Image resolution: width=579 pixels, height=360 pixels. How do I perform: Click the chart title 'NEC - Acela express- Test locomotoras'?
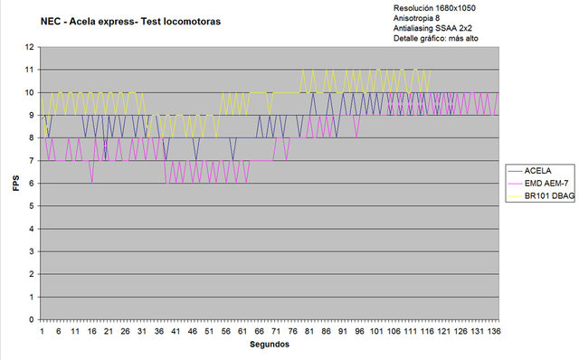pyautogui.click(x=130, y=22)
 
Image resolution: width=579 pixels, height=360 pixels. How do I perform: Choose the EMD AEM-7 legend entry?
pyautogui.click(x=538, y=183)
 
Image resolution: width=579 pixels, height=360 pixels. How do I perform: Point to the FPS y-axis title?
pyautogui.click(x=16, y=183)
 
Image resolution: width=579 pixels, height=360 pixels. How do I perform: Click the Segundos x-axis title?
pyautogui.click(x=270, y=345)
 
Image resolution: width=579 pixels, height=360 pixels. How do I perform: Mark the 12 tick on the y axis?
pyautogui.click(x=30, y=47)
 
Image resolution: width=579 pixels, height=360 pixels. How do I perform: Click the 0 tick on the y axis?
pyautogui.click(x=32, y=320)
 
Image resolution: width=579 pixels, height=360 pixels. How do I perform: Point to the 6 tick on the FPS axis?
pyautogui.click(x=32, y=184)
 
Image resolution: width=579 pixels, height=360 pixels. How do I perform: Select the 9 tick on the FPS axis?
pyautogui.click(x=32, y=115)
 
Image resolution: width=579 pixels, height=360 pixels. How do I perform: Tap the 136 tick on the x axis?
pyautogui.click(x=494, y=331)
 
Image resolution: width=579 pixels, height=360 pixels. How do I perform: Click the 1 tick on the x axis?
pyautogui.click(x=42, y=331)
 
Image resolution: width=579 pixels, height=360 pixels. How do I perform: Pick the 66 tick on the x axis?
pyautogui.click(x=260, y=331)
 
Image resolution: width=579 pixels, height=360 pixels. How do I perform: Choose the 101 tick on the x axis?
pyautogui.click(x=376, y=331)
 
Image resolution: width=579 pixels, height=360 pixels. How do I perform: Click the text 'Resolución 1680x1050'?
pyautogui.click(x=434, y=8)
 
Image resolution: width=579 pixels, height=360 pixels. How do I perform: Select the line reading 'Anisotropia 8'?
pyautogui.click(x=416, y=18)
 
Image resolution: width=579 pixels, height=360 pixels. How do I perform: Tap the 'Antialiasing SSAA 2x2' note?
pyautogui.click(x=432, y=28)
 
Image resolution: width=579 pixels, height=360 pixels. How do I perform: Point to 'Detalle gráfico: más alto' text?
pyautogui.click(x=436, y=38)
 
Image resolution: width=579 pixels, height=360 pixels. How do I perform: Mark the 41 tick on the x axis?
pyautogui.click(x=176, y=331)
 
